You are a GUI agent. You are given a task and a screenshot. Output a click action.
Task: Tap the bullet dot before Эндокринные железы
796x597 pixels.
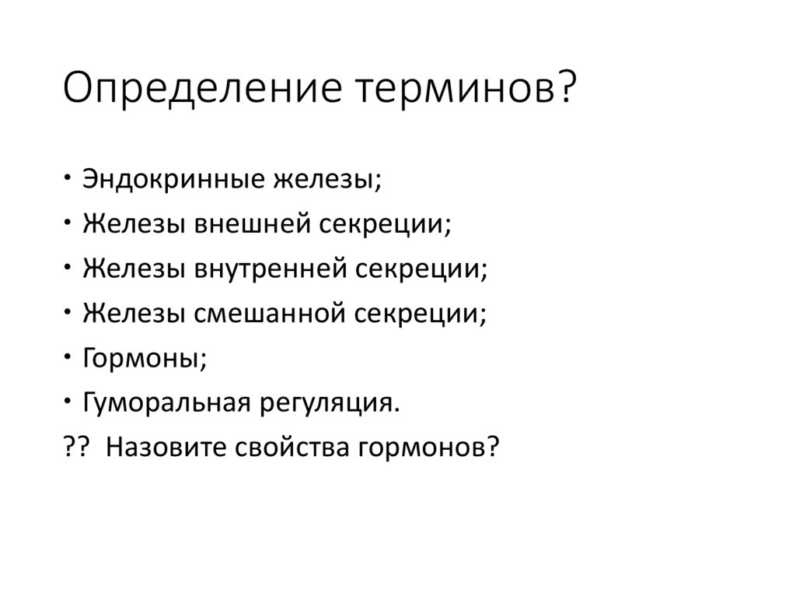[x=68, y=177]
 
